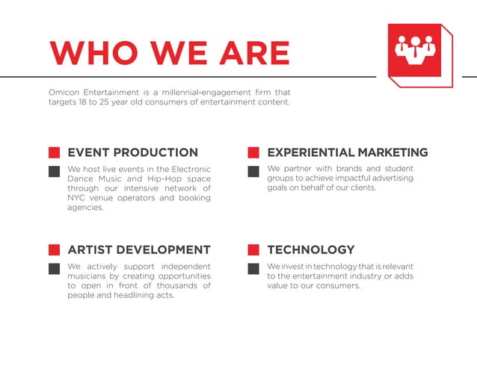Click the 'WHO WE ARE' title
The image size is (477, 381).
click(169, 52)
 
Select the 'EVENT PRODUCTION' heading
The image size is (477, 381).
click(132, 152)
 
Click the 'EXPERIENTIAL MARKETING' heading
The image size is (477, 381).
click(347, 152)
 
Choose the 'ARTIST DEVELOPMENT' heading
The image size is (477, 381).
click(139, 250)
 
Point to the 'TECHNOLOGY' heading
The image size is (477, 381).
click(310, 250)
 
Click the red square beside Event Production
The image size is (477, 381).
click(54, 152)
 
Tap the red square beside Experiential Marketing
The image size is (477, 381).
click(253, 152)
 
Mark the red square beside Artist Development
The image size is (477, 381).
click(54, 250)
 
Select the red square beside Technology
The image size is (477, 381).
click(253, 250)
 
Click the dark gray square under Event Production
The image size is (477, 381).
click(54, 171)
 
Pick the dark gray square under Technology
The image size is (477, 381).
click(253, 268)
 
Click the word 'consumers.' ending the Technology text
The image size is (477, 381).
click(337, 285)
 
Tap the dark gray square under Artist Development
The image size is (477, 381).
click(54, 268)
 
